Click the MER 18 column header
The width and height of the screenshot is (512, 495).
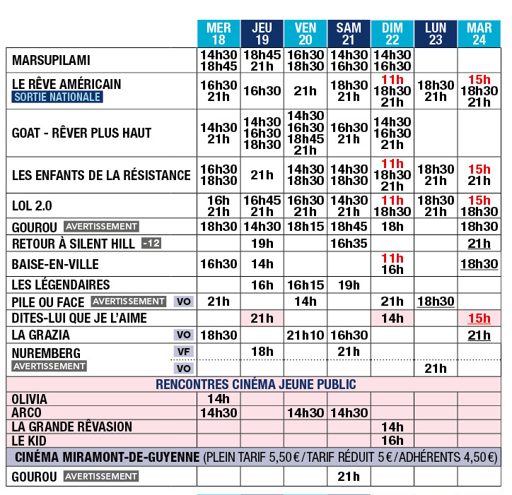pyautogui.click(x=219, y=33)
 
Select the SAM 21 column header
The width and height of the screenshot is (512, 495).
pyautogui.click(x=349, y=33)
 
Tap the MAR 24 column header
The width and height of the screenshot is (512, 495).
pyautogui.click(x=479, y=33)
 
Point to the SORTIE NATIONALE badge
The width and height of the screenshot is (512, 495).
pyautogui.click(x=57, y=97)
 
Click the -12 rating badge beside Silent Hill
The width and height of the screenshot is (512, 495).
pyautogui.click(x=151, y=244)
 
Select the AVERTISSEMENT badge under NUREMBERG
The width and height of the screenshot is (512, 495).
pyautogui.click(x=50, y=366)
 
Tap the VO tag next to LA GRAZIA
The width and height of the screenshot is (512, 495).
pyautogui.click(x=184, y=335)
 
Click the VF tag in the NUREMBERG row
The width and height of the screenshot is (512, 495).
pyautogui.click(x=184, y=351)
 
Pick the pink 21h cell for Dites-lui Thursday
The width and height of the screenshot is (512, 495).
pyautogui.click(x=262, y=318)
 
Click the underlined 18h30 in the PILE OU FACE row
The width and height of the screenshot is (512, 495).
pyautogui.click(x=436, y=302)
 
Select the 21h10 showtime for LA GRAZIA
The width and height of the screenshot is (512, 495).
pyautogui.click(x=305, y=335)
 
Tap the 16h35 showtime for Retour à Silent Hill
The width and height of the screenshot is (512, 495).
pyautogui.click(x=349, y=244)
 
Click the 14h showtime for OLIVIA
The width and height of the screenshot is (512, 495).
pyautogui.click(x=219, y=399)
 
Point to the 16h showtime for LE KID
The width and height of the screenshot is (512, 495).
pyautogui.click(x=392, y=440)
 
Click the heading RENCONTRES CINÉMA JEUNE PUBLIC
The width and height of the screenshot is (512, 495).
pyautogui.click(x=255, y=385)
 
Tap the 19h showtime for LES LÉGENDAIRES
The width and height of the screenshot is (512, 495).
pyautogui.click(x=349, y=285)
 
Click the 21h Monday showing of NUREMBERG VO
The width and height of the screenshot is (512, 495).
pyautogui.click(x=436, y=368)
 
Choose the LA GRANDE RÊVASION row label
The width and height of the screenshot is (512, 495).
pyautogui.click(x=72, y=427)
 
